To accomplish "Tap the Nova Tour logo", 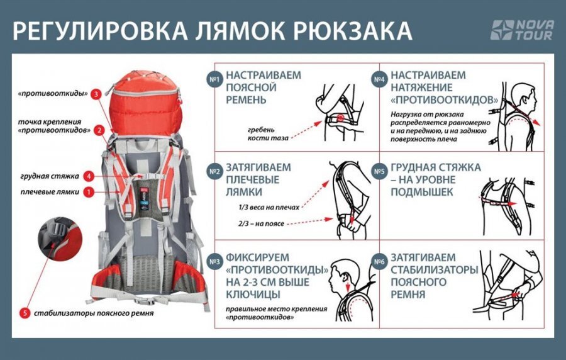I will tap(521, 30).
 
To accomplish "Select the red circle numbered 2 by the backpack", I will tap(99, 131).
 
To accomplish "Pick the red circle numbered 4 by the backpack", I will tap(90, 176).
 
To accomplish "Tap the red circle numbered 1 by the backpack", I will tap(90, 191).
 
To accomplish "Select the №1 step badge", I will tap(214, 79).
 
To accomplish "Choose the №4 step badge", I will tap(379, 79).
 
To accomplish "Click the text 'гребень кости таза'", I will tap(266, 133).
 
